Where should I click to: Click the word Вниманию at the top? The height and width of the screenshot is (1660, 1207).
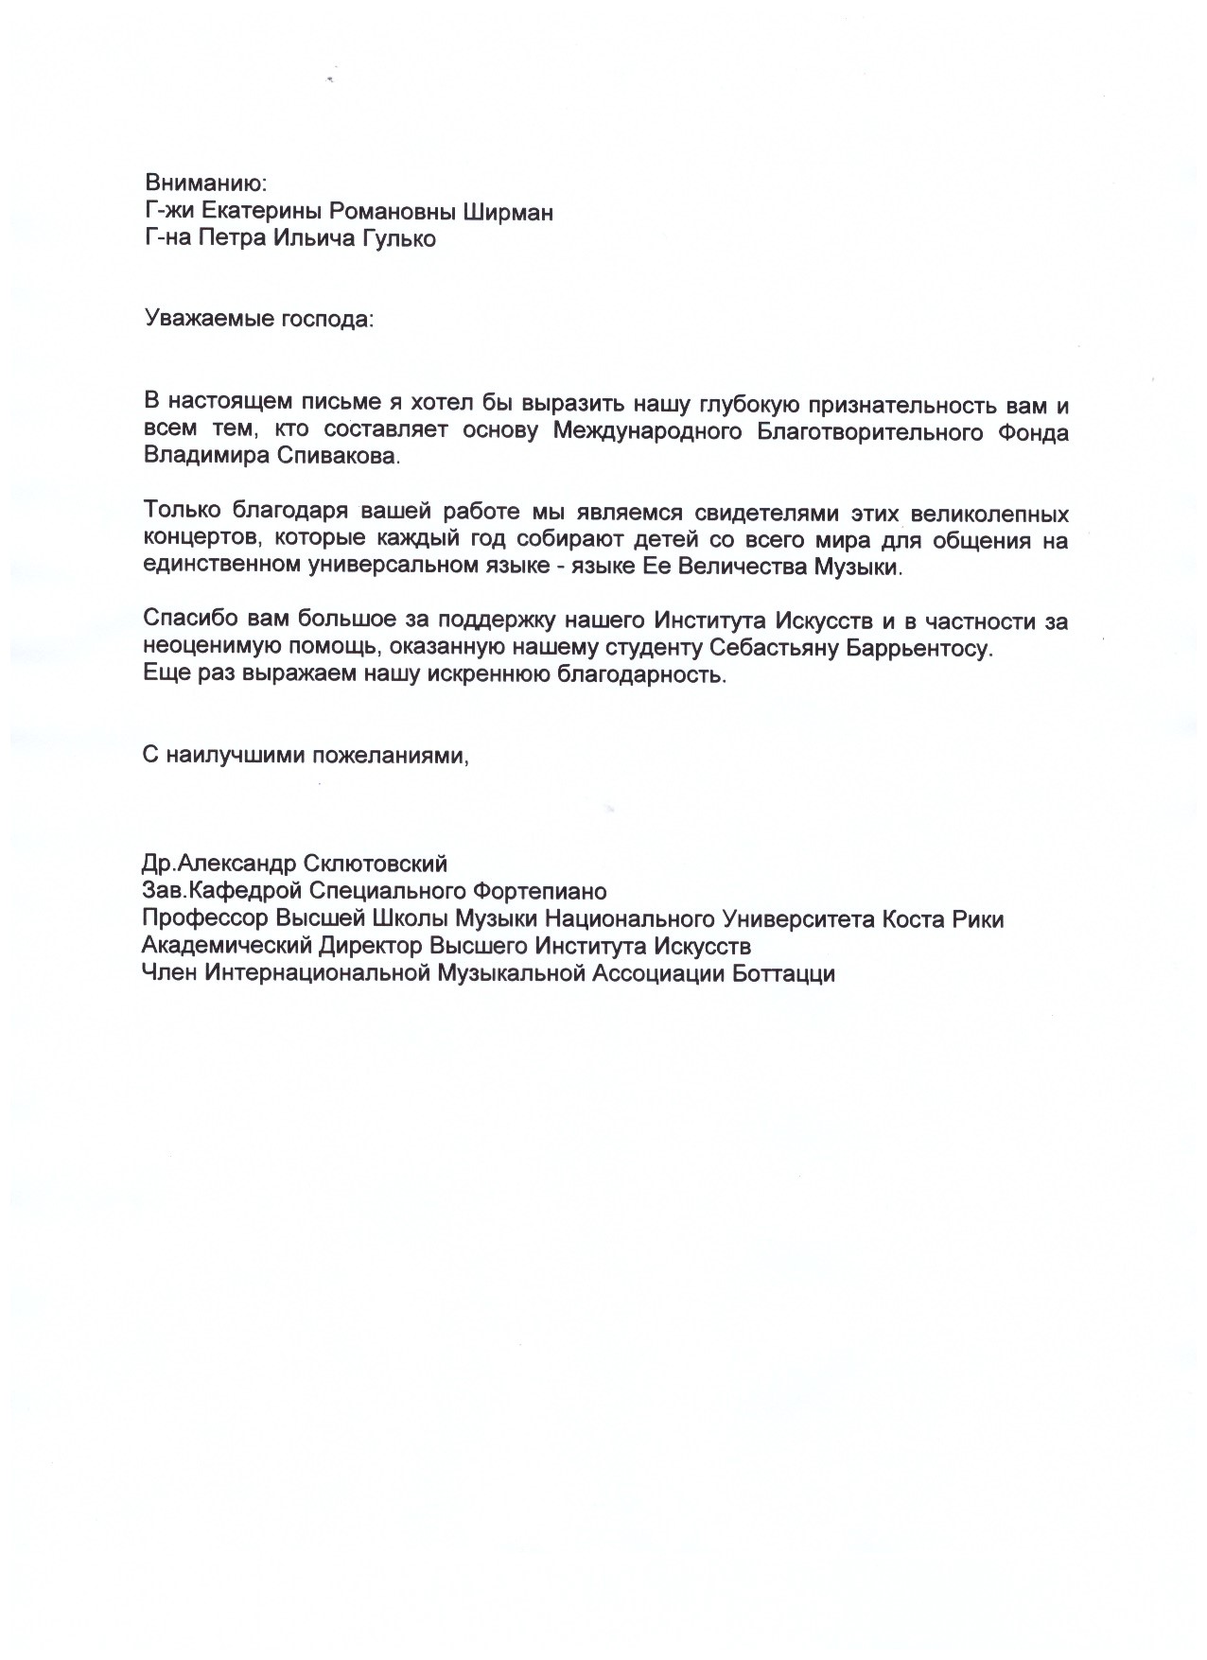206,183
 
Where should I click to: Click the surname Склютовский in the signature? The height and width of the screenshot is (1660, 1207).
376,864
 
